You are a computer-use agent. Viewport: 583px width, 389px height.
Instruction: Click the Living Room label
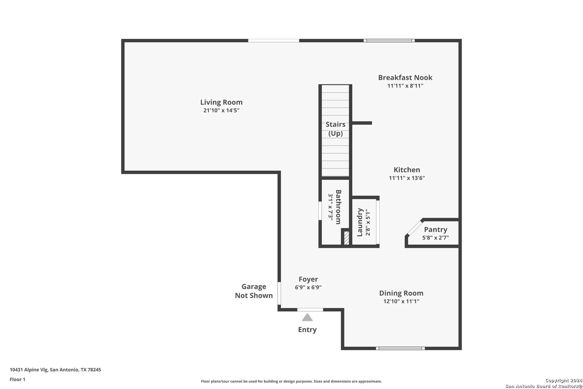click(x=221, y=102)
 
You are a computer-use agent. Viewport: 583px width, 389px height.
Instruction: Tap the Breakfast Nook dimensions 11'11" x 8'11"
click(x=405, y=86)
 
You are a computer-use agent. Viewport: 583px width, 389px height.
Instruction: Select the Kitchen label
click(x=407, y=170)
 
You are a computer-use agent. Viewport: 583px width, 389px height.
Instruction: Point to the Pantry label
click(x=436, y=229)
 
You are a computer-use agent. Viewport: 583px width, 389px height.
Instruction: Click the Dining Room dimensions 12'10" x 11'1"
click(x=401, y=301)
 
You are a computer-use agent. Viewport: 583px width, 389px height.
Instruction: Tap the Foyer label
click(x=308, y=279)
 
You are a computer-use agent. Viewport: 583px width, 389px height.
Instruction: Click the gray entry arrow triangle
click(x=307, y=317)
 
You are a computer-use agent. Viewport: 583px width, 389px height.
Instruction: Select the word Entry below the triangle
click(x=307, y=330)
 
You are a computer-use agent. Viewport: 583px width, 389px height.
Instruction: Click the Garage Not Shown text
click(x=254, y=291)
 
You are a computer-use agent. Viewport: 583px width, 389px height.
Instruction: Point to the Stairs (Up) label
click(x=335, y=129)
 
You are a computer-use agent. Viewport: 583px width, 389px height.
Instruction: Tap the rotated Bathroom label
click(x=338, y=207)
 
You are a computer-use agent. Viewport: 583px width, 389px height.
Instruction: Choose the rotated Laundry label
click(x=360, y=222)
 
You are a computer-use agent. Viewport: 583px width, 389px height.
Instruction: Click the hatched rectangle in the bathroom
click(x=347, y=238)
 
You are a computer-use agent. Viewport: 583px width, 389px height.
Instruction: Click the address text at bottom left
click(x=55, y=370)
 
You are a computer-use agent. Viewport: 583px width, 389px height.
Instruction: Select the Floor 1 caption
click(x=17, y=379)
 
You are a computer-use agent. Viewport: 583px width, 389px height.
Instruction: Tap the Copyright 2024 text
click(x=564, y=380)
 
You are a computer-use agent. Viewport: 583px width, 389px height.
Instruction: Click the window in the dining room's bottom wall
click(x=400, y=348)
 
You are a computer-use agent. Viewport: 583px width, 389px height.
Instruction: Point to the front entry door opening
click(x=310, y=309)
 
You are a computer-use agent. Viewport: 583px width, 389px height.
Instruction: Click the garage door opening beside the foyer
click(x=279, y=293)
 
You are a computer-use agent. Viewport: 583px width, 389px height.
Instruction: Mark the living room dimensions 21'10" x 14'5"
click(x=221, y=110)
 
